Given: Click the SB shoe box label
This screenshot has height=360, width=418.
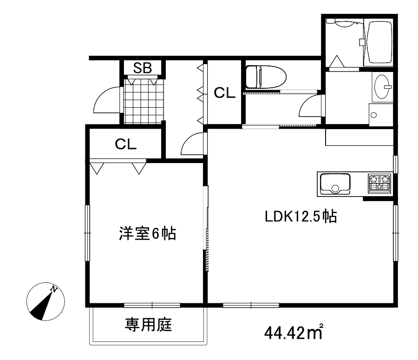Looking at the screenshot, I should click(143, 68).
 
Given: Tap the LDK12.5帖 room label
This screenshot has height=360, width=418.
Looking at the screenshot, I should click(300, 216).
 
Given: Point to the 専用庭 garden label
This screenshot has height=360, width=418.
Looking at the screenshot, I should click(148, 325).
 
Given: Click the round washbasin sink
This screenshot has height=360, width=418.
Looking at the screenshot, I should click(382, 87).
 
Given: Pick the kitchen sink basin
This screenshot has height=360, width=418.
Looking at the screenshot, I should click(333, 183).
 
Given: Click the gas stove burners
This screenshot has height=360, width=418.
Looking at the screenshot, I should click(380, 183).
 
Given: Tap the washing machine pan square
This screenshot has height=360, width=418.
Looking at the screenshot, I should click(381, 114).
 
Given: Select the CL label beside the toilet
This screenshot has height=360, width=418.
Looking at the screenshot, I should click(225, 93).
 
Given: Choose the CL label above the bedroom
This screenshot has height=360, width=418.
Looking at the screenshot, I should click(126, 144).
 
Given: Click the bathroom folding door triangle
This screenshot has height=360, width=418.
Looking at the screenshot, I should click(337, 61).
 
